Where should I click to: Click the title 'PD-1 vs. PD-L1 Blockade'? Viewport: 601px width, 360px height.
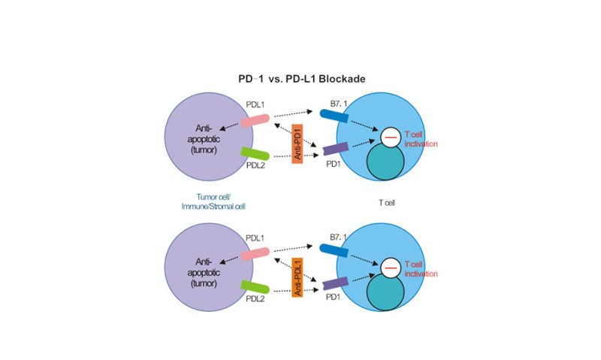302,79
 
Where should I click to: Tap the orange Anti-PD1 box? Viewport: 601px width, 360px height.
297,144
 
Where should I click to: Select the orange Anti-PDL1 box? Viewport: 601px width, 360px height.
297,277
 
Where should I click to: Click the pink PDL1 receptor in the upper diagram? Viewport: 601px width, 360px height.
255,120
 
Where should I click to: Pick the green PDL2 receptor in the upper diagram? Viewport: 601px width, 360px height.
255,153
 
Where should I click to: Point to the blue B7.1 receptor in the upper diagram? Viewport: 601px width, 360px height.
334,116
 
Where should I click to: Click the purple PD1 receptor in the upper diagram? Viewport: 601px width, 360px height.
336,148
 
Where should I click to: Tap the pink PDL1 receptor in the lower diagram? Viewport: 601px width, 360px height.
255,254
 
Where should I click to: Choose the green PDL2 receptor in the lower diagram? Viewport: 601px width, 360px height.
255,286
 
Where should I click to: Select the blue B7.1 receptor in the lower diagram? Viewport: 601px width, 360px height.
334,250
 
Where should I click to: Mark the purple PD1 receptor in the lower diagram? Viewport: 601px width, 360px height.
336,283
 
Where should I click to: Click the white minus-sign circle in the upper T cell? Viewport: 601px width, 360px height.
391,137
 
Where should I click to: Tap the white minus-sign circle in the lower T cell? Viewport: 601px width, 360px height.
391,268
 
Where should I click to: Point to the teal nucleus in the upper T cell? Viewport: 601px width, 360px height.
385,162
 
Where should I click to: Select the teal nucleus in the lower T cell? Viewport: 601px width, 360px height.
385,292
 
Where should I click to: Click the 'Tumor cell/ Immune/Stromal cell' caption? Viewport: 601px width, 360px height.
213,201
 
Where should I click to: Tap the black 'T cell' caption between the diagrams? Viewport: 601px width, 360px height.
387,203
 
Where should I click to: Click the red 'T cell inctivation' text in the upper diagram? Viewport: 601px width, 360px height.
421,139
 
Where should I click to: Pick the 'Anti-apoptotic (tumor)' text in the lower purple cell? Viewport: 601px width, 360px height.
204,272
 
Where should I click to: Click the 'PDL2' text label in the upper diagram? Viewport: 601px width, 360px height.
255,165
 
